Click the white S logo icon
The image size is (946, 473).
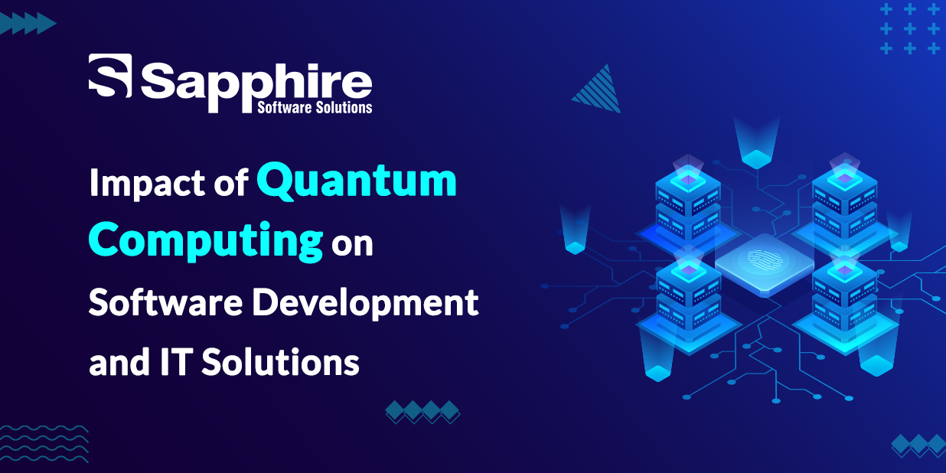(x=110, y=76)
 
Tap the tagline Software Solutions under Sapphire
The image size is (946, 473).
(x=315, y=108)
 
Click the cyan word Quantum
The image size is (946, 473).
(x=357, y=181)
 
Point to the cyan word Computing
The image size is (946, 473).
(x=206, y=241)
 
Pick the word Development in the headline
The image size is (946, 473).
(x=365, y=303)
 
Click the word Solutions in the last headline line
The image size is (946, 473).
(x=280, y=361)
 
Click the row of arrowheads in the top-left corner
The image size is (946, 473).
(x=28, y=23)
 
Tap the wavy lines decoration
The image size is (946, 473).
(x=44, y=444)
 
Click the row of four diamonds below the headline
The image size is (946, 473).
(x=422, y=412)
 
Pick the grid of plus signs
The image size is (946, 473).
(x=910, y=29)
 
